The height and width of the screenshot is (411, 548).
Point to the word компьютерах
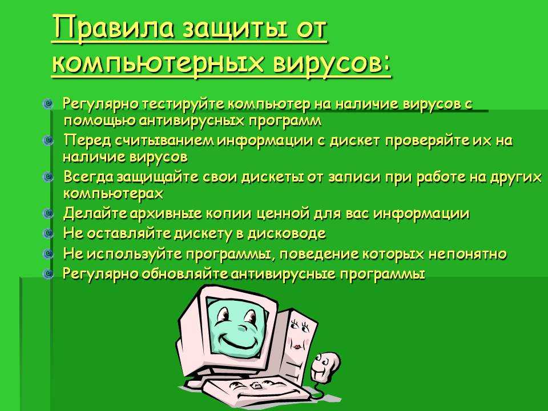coord(113,194)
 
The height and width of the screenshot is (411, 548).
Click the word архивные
coord(166,213)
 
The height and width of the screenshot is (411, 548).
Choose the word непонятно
coord(468,253)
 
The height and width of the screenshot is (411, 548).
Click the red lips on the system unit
coord(297,346)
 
